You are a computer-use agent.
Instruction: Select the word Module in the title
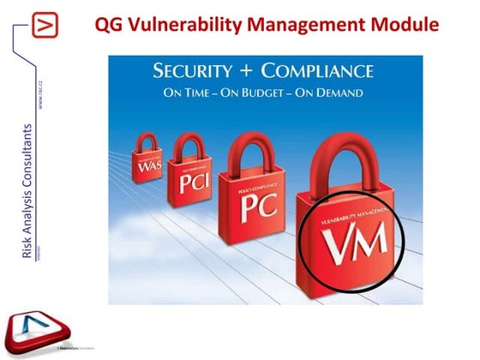point(405,25)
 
